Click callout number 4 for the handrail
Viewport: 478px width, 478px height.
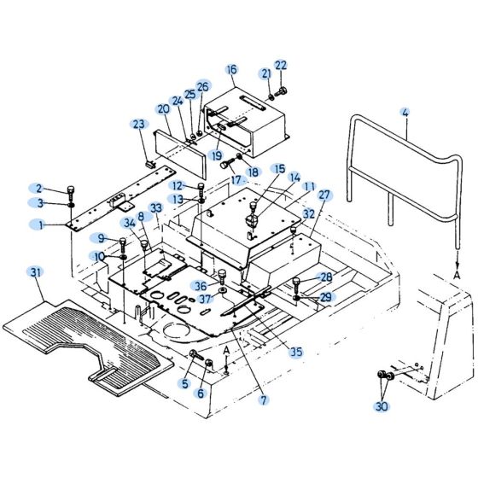coord(405,112)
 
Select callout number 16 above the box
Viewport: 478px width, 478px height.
coord(231,69)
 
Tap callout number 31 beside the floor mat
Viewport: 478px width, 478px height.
coord(34,272)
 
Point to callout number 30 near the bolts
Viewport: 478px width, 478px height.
coord(380,407)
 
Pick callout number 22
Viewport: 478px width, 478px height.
coord(281,66)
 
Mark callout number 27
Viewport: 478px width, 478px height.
coord(324,195)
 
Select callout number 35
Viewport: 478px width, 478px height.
coord(294,351)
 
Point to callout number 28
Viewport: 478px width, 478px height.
coord(325,277)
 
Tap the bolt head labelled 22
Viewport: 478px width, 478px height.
coord(283,91)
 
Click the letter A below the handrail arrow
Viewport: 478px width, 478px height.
coord(457,276)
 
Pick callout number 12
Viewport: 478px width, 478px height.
coord(176,185)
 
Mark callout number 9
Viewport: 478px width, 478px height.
coord(102,238)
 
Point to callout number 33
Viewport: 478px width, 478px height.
coord(155,207)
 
